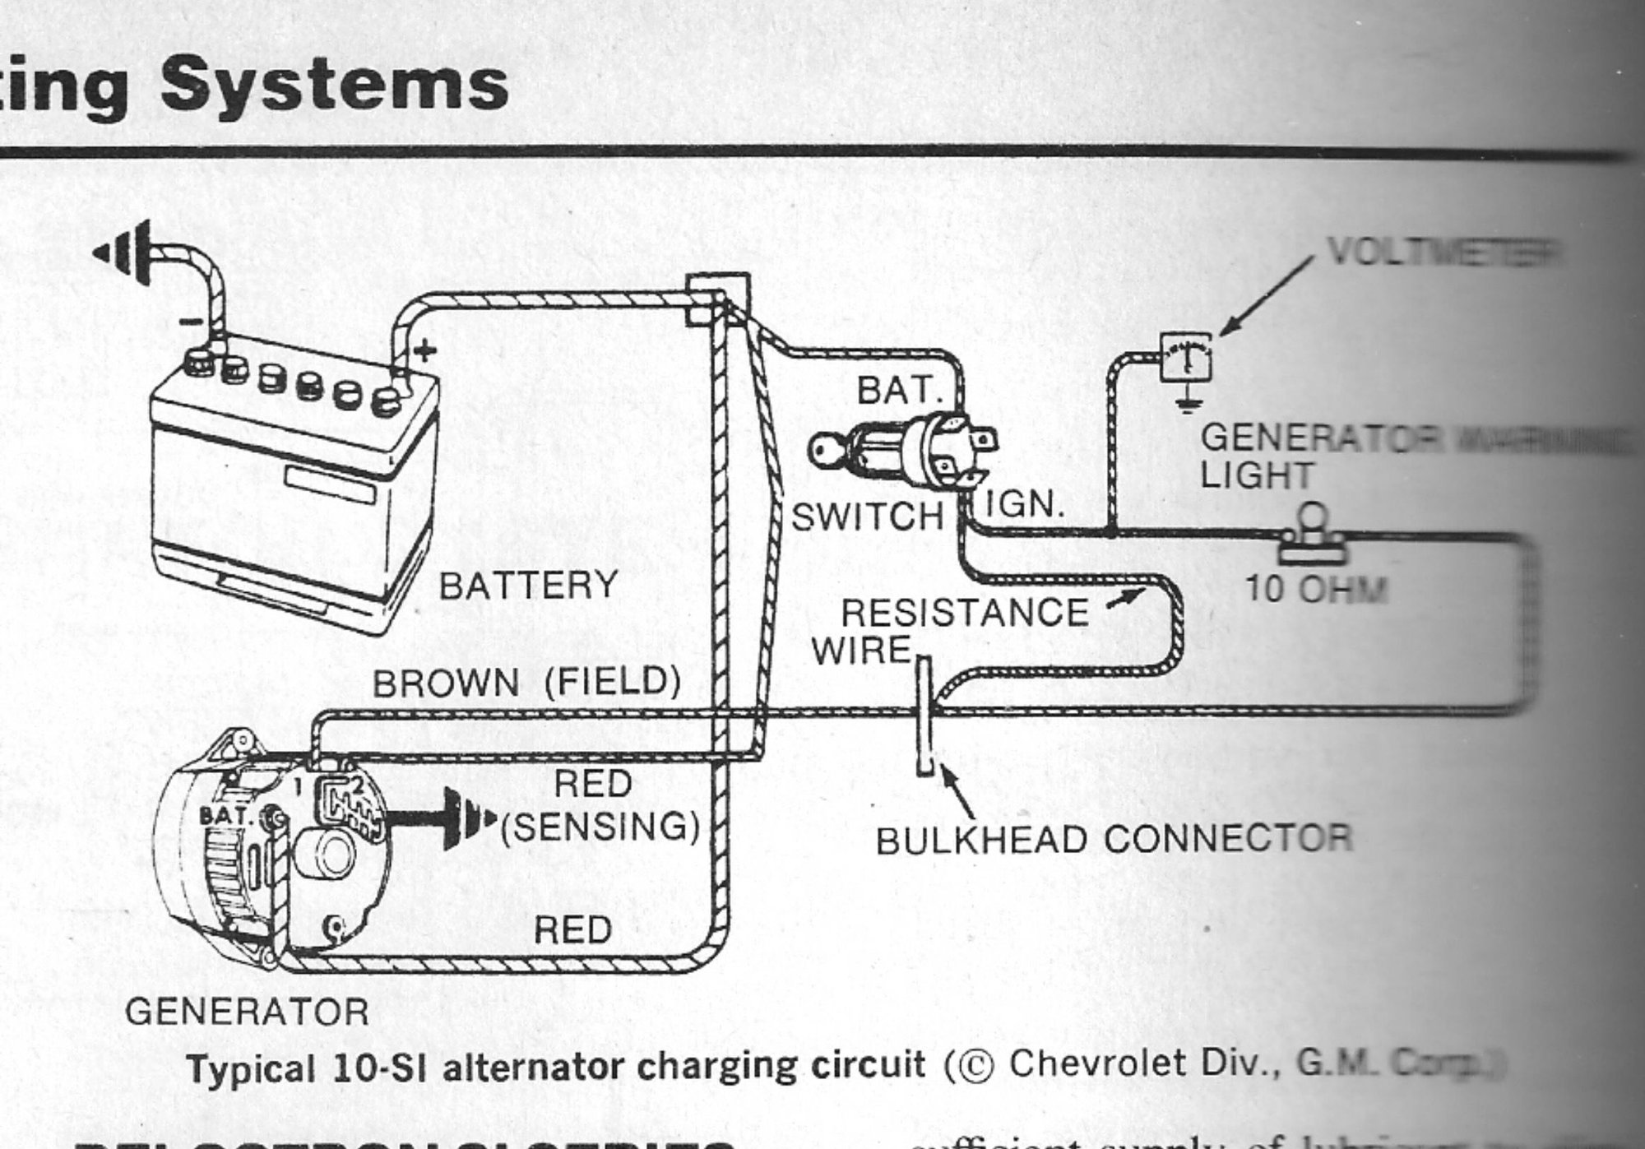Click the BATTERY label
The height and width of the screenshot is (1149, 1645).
pyautogui.click(x=528, y=586)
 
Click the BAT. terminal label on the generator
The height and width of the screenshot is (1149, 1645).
pyautogui.click(x=225, y=817)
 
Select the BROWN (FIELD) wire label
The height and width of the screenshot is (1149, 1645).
pyautogui.click(x=527, y=683)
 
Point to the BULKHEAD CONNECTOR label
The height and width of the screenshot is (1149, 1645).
pyautogui.click(x=1114, y=840)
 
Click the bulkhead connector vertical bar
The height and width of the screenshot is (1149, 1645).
pyautogui.click(x=924, y=716)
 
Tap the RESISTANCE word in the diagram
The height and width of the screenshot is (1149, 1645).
pyautogui.click(x=964, y=614)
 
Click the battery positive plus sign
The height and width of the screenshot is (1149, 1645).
pyautogui.click(x=424, y=351)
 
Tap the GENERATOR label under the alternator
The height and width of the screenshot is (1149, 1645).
pyautogui.click(x=247, y=1012)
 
